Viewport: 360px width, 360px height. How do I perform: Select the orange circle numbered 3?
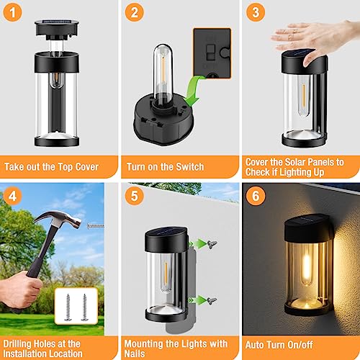(254, 13)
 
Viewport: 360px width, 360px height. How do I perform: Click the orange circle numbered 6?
(254, 195)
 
